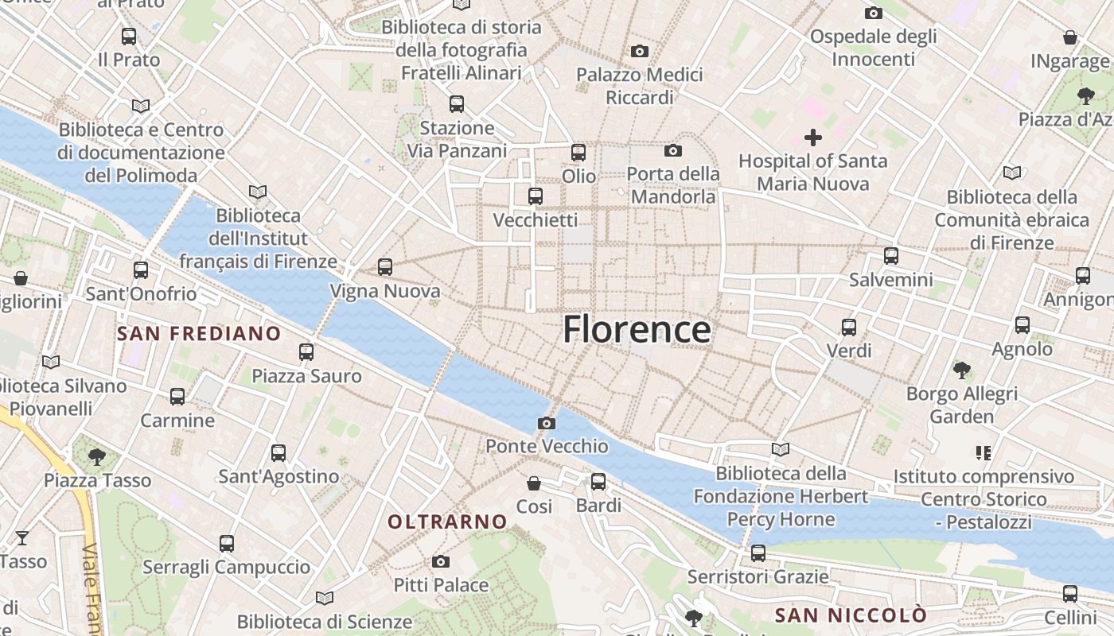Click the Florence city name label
(637, 329)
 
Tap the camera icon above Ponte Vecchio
(547, 423)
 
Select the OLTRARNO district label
(447, 522)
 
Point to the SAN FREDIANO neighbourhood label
(199, 333)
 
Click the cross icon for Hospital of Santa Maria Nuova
(812, 138)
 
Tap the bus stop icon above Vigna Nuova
(385, 267)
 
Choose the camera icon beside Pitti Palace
(441, 562)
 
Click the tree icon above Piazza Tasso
(97, 457)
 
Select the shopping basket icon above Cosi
(534, 483)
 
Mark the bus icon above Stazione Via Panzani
(457, 104)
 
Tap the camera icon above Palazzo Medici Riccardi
(640, 52)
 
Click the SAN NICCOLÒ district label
(851, 615)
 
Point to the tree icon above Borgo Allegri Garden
(962, 370)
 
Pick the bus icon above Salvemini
(891, 256)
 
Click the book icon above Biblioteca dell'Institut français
(257, 192)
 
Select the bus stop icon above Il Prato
(129, 37)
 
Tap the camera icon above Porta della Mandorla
(673, 151)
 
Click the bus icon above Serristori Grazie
(758, 553)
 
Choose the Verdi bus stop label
(849, 351)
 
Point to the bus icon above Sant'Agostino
(278, 453)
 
